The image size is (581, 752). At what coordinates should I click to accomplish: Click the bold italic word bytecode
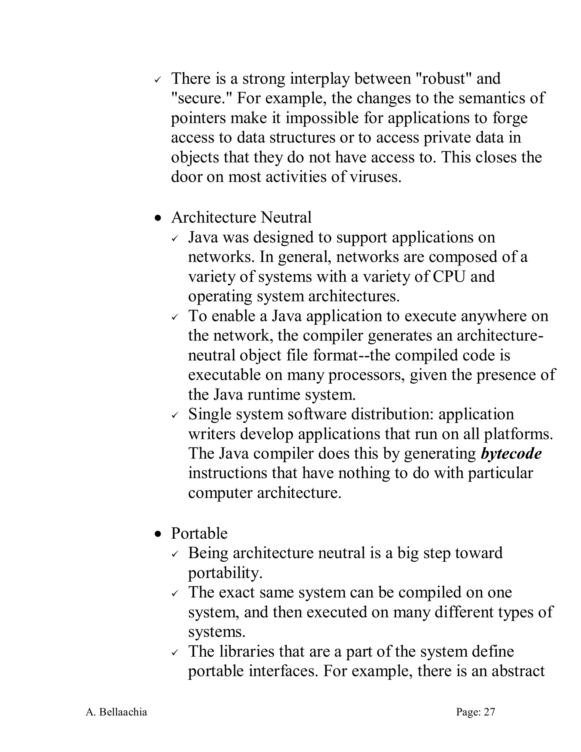tap(511, 454)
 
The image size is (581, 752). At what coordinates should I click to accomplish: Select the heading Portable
tap(199, 533)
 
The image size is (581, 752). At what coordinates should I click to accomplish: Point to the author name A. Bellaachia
tap(116, 712)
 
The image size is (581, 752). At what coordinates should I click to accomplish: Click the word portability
tap(225, 573)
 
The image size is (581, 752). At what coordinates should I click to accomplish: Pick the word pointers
tap(198, 118)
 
